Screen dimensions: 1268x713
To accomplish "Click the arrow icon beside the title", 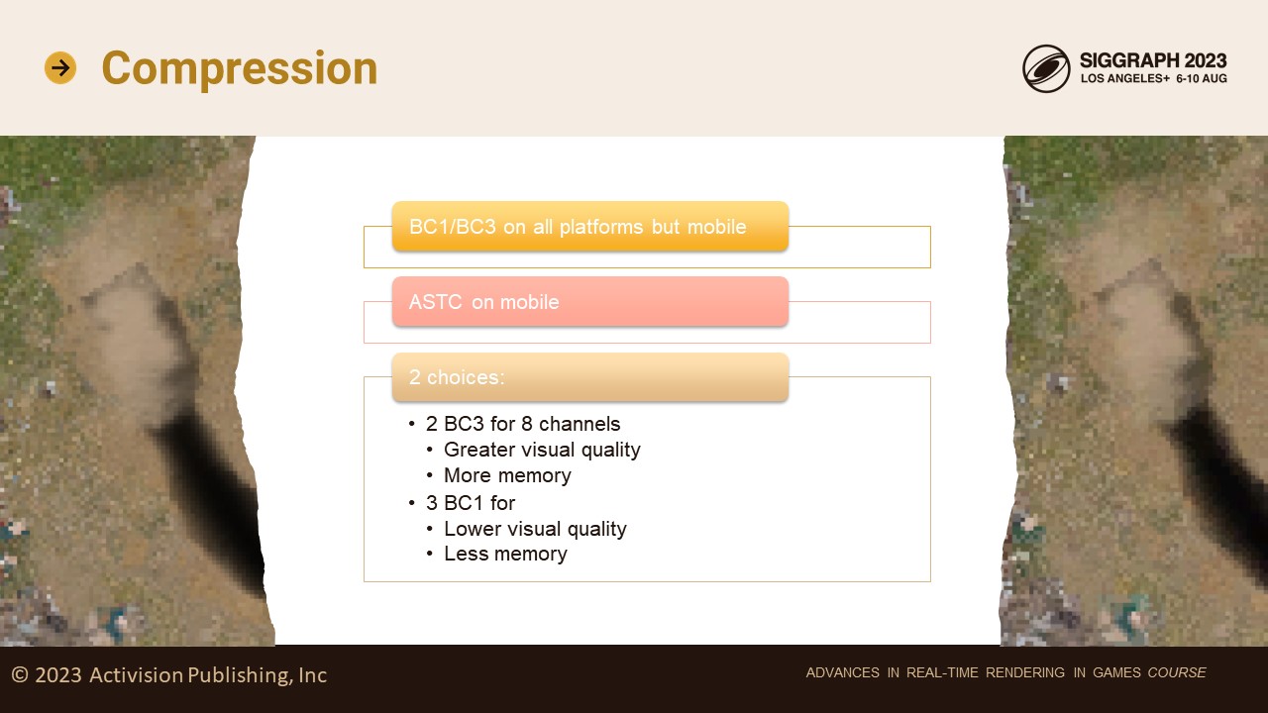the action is click(x=60, y=68).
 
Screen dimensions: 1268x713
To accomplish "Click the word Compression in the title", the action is click(x=240, y=68).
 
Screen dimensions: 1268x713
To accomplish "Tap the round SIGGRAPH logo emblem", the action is click(x=1046, y=68).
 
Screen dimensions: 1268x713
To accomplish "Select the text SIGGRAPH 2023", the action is click(x=1153, y=60).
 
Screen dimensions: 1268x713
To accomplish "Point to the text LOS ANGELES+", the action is click(x=1124, y=78).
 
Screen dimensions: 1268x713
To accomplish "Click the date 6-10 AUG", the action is click(x=1202, y=78).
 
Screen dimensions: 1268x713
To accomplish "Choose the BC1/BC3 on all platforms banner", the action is click(x=590, y=227).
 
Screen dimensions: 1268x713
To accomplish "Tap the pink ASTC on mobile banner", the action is click(x=590, y=302).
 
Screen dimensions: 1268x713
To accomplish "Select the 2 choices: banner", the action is click(x=590, y=377).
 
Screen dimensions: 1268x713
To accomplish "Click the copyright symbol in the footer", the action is click(x=20, y=674).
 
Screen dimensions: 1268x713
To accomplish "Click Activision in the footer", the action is click(x=136, y=674).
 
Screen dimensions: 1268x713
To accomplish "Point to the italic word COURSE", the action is click(x=1177, y=672).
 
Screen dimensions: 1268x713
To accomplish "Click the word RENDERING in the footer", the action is click(x=1025, y=672).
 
